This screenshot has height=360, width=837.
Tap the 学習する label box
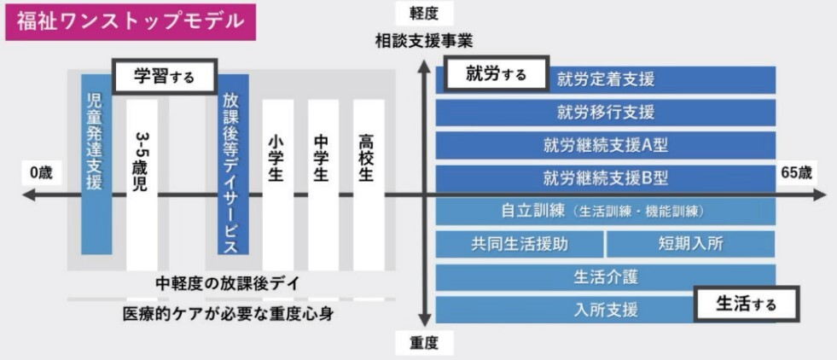(x=165, y=77)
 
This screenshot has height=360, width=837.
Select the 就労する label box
(x=496, y=74)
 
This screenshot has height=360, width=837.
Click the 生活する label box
(x=745, y=304)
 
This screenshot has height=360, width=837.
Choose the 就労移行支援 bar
(x=606, y=112)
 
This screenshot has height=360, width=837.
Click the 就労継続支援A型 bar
(x=606, y=145)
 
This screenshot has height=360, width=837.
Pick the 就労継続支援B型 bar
(x=606, y=178)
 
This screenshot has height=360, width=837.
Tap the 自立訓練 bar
(x=606, y=211)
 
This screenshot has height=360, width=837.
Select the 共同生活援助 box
(x=520, y=244)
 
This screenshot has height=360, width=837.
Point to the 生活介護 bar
(x=606, y=276)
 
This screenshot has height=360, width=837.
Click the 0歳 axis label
(x=41, y=172)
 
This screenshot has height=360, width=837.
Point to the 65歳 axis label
(x=796, y=172)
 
